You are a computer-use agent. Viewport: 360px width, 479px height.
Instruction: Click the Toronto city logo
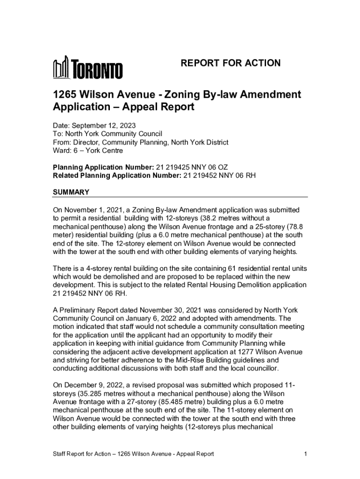[x=87, y=69]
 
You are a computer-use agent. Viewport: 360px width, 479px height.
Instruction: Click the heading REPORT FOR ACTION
[x=230, y=63]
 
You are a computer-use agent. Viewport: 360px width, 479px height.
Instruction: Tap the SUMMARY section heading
[x=71, y=192]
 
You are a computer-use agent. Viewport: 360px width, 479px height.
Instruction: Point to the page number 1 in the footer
[x=305, y=454]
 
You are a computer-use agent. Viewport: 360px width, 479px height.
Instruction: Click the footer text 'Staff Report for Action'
[x=81, y=454]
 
